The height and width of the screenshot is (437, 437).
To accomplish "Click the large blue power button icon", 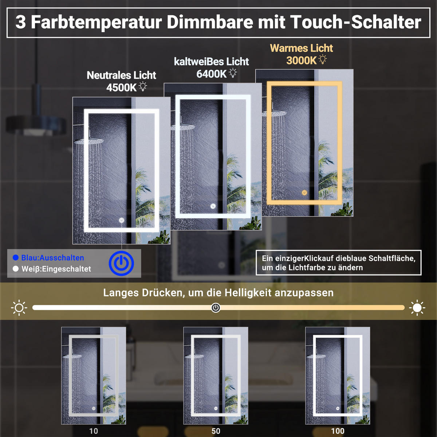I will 121,263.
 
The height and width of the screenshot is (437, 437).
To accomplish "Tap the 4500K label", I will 121,88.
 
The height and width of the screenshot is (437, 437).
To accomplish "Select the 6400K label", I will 211,74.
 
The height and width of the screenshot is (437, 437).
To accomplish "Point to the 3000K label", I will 301,60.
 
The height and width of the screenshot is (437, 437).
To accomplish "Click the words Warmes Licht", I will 301,48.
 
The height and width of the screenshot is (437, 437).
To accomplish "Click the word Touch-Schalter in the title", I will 356,22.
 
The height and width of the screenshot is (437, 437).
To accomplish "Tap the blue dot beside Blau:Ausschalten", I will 16,257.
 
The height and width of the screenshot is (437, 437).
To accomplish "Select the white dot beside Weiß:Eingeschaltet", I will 16,269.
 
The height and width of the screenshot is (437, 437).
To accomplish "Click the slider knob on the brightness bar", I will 216,308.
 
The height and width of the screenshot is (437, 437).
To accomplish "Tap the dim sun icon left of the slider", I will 19,308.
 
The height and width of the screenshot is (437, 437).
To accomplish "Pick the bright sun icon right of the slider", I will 417,308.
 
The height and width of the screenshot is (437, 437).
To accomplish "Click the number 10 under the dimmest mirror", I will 94,431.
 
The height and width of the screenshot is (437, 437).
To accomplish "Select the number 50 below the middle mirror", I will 216,431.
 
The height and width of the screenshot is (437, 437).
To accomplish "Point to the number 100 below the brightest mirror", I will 338,431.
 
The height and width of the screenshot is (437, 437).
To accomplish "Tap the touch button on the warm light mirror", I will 304,193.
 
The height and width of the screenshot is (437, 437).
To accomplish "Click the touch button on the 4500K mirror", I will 122,220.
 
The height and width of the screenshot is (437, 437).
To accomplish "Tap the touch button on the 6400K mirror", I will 213,206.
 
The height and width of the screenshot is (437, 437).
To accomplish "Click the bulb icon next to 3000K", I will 323,59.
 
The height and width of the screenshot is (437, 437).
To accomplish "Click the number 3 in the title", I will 21,22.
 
